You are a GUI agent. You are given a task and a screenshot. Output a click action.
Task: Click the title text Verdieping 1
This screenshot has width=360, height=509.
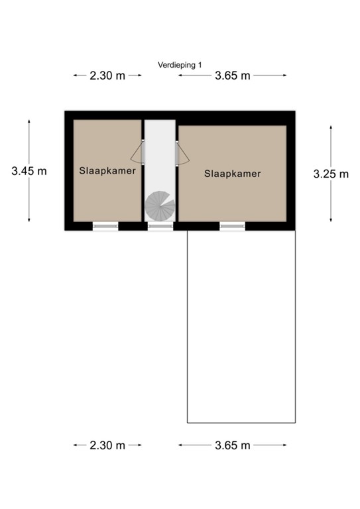[x=180, y=65]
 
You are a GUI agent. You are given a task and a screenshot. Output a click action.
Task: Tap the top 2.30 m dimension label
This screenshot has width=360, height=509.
[x=107, y=76]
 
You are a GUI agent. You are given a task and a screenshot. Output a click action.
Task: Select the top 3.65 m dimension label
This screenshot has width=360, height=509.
[x=232, y=76]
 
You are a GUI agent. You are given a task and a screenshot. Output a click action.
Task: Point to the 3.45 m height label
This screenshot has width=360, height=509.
[x=29, y=171]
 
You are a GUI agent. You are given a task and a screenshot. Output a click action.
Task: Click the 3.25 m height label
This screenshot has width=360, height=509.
[x=331, y=174]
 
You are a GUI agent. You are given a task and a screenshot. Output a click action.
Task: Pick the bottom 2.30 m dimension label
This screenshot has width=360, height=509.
[x=107, y=445]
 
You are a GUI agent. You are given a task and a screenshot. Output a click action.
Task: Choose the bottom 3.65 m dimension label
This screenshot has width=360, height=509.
[x=232, y=445]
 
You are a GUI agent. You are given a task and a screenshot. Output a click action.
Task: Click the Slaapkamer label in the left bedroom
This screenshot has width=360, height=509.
[x=107, y=170]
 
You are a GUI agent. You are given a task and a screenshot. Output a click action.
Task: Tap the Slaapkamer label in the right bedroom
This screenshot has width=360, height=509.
[x=232, y=174]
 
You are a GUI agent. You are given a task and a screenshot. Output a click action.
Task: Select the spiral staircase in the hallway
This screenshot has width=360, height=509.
[x=160, y=206]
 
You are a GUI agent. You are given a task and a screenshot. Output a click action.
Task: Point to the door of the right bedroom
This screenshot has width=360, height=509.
[x=182, y=154]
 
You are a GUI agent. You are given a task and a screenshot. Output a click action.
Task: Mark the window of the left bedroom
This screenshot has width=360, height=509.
[x=105, y=227]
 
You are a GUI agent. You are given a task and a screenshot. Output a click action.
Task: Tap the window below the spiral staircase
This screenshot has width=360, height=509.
[x=160, y=227]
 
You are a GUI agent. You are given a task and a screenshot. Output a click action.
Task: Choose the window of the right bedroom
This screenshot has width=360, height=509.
[x=232, y=227]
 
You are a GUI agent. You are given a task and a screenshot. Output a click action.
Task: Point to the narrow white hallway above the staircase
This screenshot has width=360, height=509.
[x=160, y=152]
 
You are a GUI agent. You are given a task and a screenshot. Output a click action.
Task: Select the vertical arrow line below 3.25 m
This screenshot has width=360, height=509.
[x=331, y=202]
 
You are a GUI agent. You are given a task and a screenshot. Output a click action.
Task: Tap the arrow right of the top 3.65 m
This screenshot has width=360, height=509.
[x=270, y=76]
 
